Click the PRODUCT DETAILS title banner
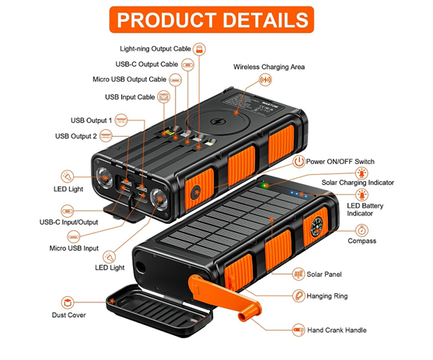[x=211, y=19]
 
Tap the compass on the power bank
[x=316, y=227]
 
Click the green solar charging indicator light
[x=265, y=185]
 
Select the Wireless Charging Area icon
[x=265, y=80]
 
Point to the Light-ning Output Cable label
[x=155, y=49]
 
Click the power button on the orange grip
[x=196, y=192]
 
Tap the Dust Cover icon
[x=68, y=302]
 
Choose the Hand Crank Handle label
[x=337, y=330]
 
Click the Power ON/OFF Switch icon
[x=299, y=162]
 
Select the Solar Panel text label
[x=324, y=274]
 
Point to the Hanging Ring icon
[x=299, y=296]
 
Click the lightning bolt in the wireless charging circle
[x=217, y=121]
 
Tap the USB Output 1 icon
[x=121, y=121]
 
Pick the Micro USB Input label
[x=74, y=248]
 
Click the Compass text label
[x=361, y=241]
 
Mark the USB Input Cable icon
[x=164, y=96]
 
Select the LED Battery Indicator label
[x=365, y=209]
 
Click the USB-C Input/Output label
[x=68, y=222]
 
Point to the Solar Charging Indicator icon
[x=361, y=173]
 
